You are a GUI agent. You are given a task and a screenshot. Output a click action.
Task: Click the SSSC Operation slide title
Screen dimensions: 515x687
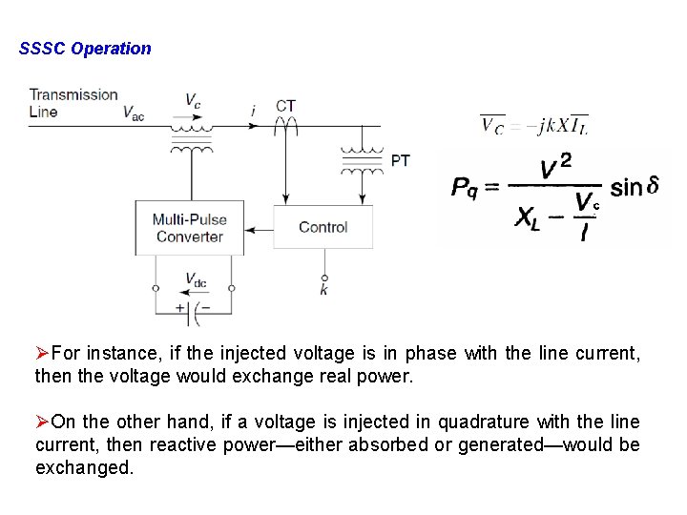(x=85, y=49)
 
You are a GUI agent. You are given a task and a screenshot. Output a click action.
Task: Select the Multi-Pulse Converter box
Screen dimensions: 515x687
(x=190, y=228)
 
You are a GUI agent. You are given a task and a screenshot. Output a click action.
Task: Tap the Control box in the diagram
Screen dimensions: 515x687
(x=323, y=227)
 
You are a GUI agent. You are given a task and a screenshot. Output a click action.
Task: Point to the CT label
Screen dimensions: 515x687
(x=285, y=106)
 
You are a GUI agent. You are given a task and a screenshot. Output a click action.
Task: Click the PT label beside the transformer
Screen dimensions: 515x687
(x=401, y=160)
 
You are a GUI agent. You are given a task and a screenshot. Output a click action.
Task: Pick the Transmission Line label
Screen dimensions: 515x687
(x=73, y=103)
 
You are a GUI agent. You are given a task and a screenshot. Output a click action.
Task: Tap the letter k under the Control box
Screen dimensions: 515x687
(x=323, y=290)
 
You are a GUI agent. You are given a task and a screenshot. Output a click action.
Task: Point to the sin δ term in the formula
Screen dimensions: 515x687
(x=634, y=186)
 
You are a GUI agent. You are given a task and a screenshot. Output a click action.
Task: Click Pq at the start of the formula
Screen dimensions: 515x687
(x=467, y=188)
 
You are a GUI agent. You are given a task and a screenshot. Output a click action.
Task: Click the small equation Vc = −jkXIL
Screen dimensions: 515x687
(x=533, y=126)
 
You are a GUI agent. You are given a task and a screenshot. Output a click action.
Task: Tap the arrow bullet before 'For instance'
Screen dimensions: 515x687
(x=42, y=354)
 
